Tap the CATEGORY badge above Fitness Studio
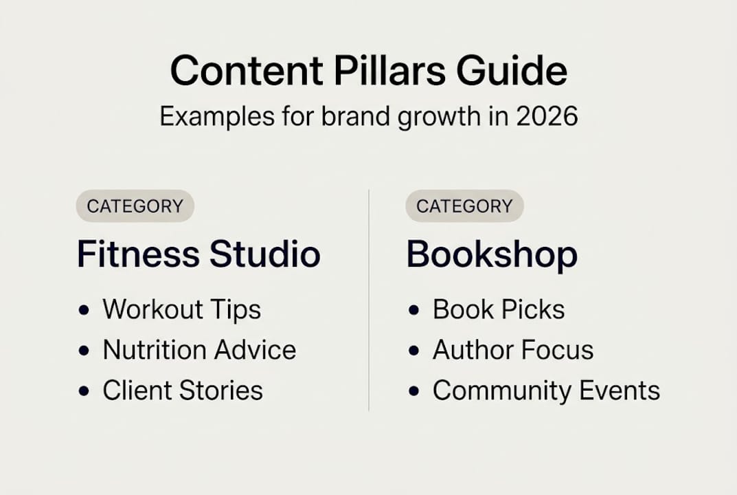click(x=135, y=206)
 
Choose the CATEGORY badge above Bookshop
click(x=464, y=206)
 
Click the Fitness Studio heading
click(x=199, y=254)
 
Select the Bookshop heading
click(x=492, y=254)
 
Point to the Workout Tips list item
click(x=181, y=310)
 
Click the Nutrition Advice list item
click(x=199, y=351)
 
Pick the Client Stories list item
click(x=183, y=391)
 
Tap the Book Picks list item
click(x=499, y=310)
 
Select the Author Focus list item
click(x=513, y=351)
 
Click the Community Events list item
click(x=546, y=391)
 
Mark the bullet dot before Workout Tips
click(x=84, y=311)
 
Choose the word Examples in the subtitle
click(x=211, y=116)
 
